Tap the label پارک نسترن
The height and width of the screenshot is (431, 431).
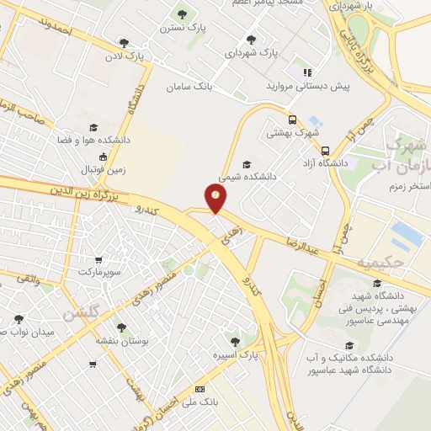click(182, 28)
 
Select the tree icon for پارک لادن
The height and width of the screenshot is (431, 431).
click(124, 43)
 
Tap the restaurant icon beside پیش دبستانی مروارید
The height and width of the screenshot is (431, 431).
click(308, 72)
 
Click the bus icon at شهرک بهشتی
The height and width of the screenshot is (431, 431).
click(292, 120)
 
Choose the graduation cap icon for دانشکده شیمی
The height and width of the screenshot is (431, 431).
click(246, 164)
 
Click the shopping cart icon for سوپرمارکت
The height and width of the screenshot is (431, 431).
click(100, 259)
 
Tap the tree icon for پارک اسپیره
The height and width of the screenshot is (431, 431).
click(235, 341)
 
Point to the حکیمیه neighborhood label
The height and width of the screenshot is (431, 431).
click(380, 263)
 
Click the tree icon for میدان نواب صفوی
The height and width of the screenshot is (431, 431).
click(19, 318)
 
